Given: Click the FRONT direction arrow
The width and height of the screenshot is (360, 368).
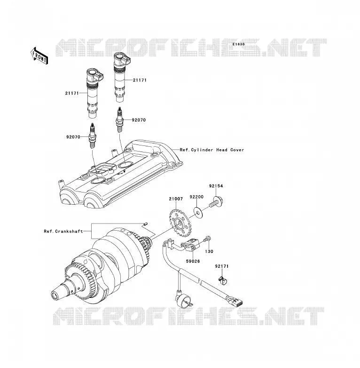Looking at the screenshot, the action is point(39,56).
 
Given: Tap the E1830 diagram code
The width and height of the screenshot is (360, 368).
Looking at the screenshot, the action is point(239,44).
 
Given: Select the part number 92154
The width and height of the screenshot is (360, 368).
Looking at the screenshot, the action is point(216,186).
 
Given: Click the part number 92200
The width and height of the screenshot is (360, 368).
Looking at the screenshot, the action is point(196,197).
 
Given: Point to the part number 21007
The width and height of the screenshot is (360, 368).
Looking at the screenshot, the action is point(176,199).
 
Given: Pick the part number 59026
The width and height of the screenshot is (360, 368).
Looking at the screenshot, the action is point(193,261).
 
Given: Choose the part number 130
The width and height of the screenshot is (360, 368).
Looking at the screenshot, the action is point(209,251).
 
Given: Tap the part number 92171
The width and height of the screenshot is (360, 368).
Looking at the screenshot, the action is point(222,266).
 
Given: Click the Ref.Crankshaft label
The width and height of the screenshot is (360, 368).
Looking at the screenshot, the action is point(63,231).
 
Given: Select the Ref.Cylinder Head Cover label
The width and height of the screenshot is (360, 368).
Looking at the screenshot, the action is point(212,150).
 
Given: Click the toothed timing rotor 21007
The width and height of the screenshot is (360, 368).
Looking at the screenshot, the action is point(180,223).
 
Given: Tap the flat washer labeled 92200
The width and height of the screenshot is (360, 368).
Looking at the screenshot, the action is point(198,212).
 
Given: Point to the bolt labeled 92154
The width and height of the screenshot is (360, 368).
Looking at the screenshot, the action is point(216,203).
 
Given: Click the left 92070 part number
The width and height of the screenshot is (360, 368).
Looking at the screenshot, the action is point(73,137).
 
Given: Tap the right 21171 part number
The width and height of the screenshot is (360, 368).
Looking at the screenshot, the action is point(140,80).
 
